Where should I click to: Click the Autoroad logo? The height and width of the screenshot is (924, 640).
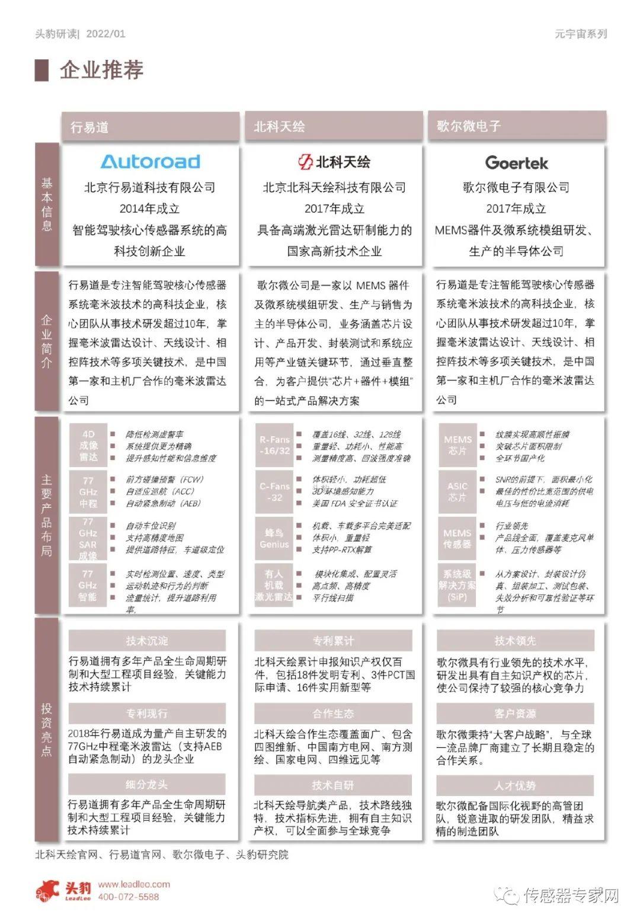point(150,162)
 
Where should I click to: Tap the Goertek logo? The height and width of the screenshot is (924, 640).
point(516,162)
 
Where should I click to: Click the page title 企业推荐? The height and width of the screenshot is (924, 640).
point(101,70)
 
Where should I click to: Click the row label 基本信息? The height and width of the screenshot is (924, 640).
point(47,204)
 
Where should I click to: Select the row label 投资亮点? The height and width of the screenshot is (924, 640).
point(47,730)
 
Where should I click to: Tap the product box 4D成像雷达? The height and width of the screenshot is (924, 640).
point(88,446)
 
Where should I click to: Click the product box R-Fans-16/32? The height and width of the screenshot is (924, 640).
point(274,445)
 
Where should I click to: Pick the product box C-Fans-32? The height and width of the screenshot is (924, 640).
point(274,492)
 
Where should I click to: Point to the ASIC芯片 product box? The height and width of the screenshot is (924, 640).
point(457,492)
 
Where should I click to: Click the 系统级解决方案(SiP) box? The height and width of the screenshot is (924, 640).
point(457,586)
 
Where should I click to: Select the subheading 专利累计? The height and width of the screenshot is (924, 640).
point(333,641)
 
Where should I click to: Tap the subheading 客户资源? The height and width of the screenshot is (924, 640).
point(515,714)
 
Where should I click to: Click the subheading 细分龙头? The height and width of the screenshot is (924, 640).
point(146,785)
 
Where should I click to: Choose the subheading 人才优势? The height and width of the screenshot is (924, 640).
point(515,786)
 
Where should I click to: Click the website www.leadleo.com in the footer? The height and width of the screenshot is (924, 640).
point(134,884)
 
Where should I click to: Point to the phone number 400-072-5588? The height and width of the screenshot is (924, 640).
point(129,897)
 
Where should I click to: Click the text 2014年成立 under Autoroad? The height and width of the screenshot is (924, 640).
point(150,209)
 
